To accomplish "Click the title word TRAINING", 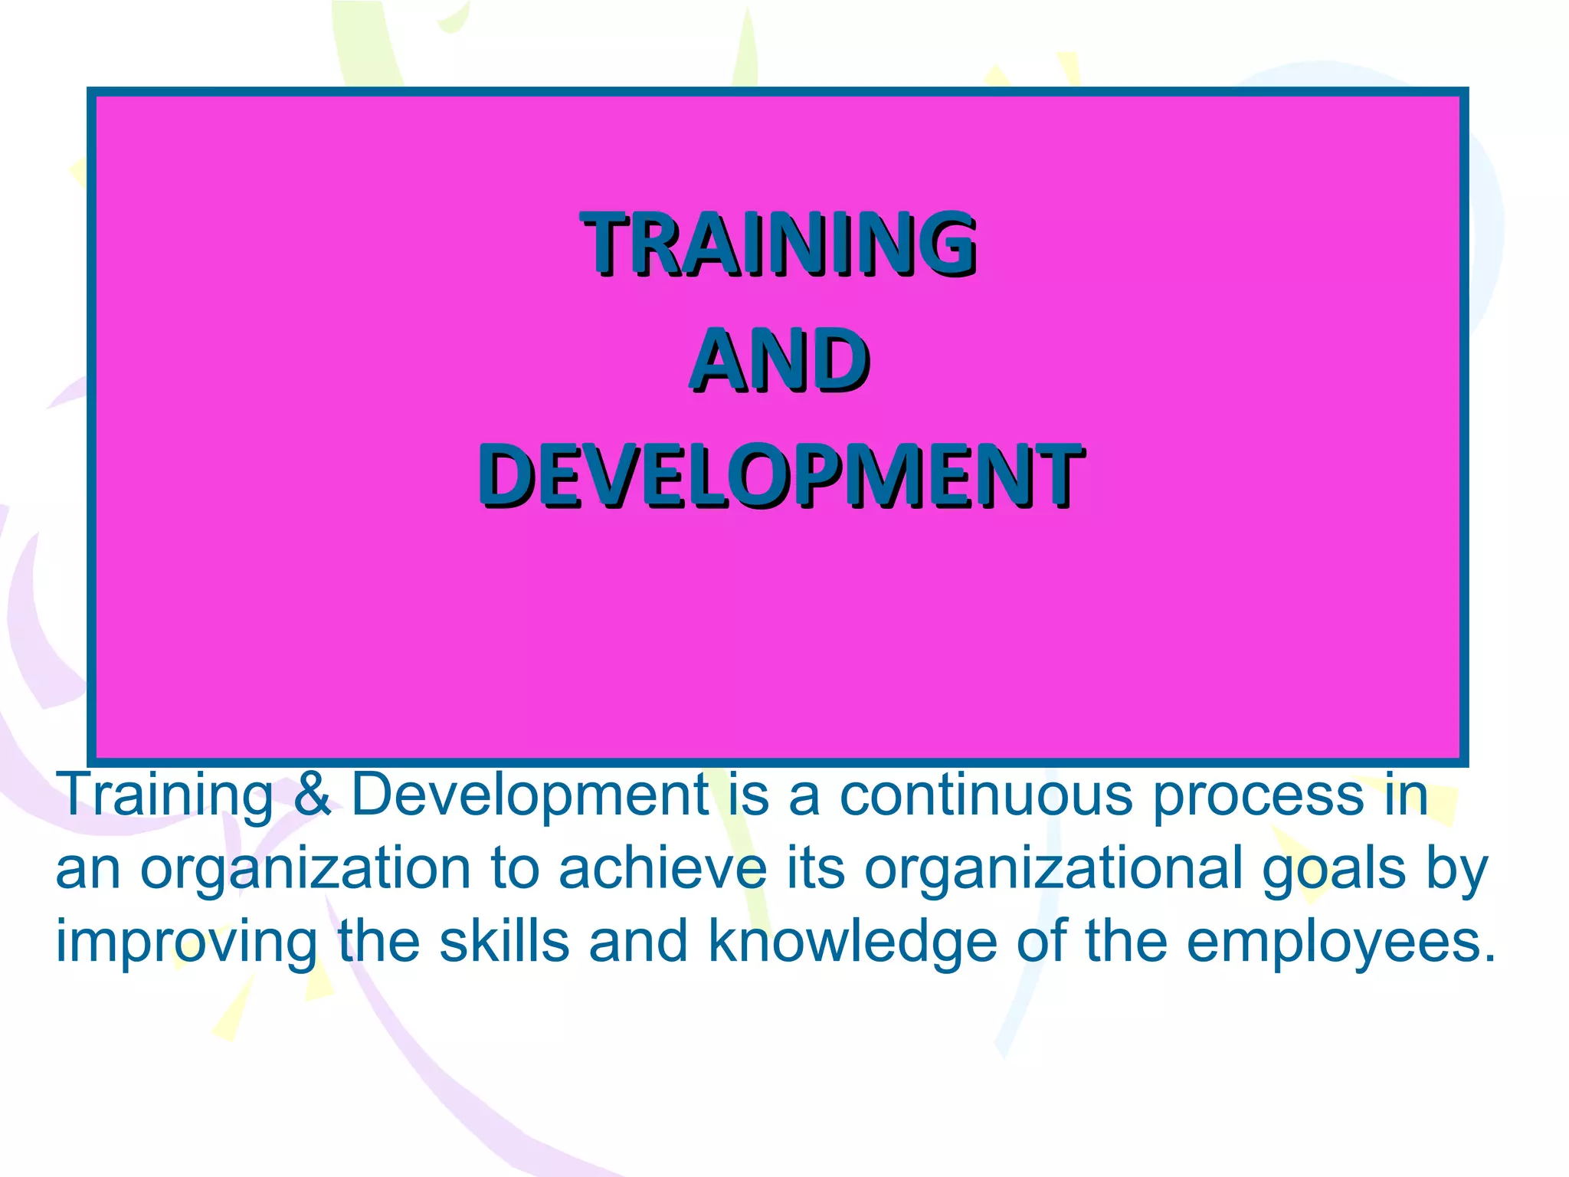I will (778, 244).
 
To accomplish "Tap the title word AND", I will (780, 360).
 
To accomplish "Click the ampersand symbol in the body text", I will (312, 795).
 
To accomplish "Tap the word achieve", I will (662, 868).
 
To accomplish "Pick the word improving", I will (186, 943).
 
